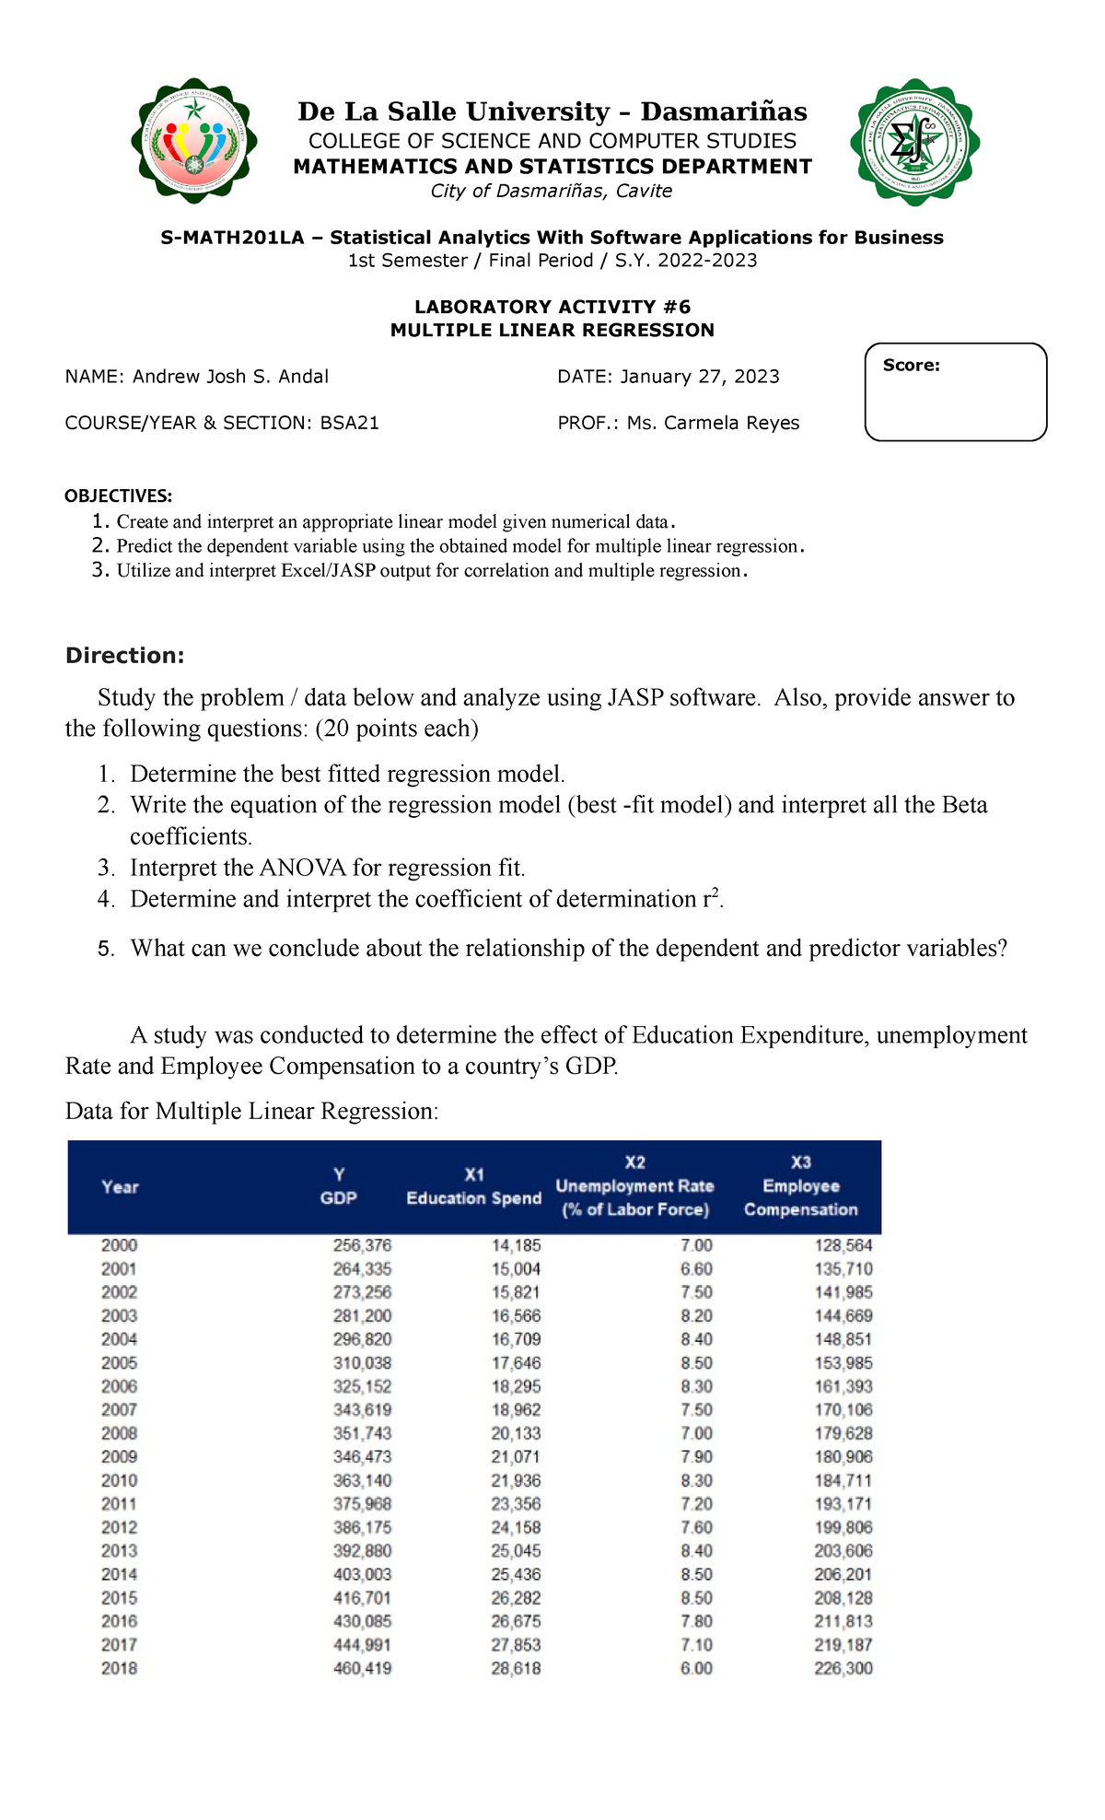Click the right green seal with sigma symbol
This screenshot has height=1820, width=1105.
pyautogui.click(x=914, y=142)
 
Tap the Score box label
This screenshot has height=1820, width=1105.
pyautogui.click(x=911, y=366)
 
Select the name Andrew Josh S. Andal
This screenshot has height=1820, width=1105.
pyautogui.click(x=230, y=377)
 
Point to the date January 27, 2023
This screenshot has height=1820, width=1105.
pyautogui.click(x=700, y=377)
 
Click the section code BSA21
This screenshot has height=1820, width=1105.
pyautogui.click(x=349, y=423)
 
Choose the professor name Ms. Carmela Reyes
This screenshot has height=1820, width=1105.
pyautogui.click(x=713, y=423)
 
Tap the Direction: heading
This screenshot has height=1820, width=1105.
pyautogui.click(x=124, y=656)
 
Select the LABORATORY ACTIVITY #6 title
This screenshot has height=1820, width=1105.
pyautogui.click(x=552, y=307)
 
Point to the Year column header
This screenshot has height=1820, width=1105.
pyautogui.click(x=120, y=1187)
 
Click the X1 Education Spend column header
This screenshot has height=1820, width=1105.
pyautogui.click(x=473, y=1186)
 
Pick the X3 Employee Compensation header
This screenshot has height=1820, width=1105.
pyautogui.click(x=800, y=1186)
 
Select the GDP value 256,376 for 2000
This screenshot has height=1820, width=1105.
pyautogui.click(x=362, y=1245)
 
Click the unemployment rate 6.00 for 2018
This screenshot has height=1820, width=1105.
pyautogui.click(x=696, y=1668)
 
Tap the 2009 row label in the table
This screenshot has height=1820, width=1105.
pyautogui.click(x=120, y=1456)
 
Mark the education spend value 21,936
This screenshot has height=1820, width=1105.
pyautogui.click(x=516, y=1480)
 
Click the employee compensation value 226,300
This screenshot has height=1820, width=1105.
pyautogui.click(x=843, y=1668)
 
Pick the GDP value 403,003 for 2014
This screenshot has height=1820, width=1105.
pyautogui.click(x=362, y=1574)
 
